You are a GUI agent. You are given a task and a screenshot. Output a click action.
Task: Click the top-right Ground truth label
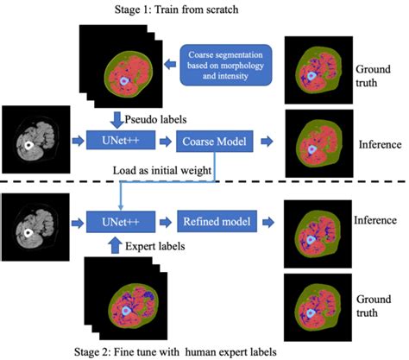point(375,75)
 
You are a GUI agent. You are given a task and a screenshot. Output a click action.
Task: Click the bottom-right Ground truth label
point(375,301)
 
